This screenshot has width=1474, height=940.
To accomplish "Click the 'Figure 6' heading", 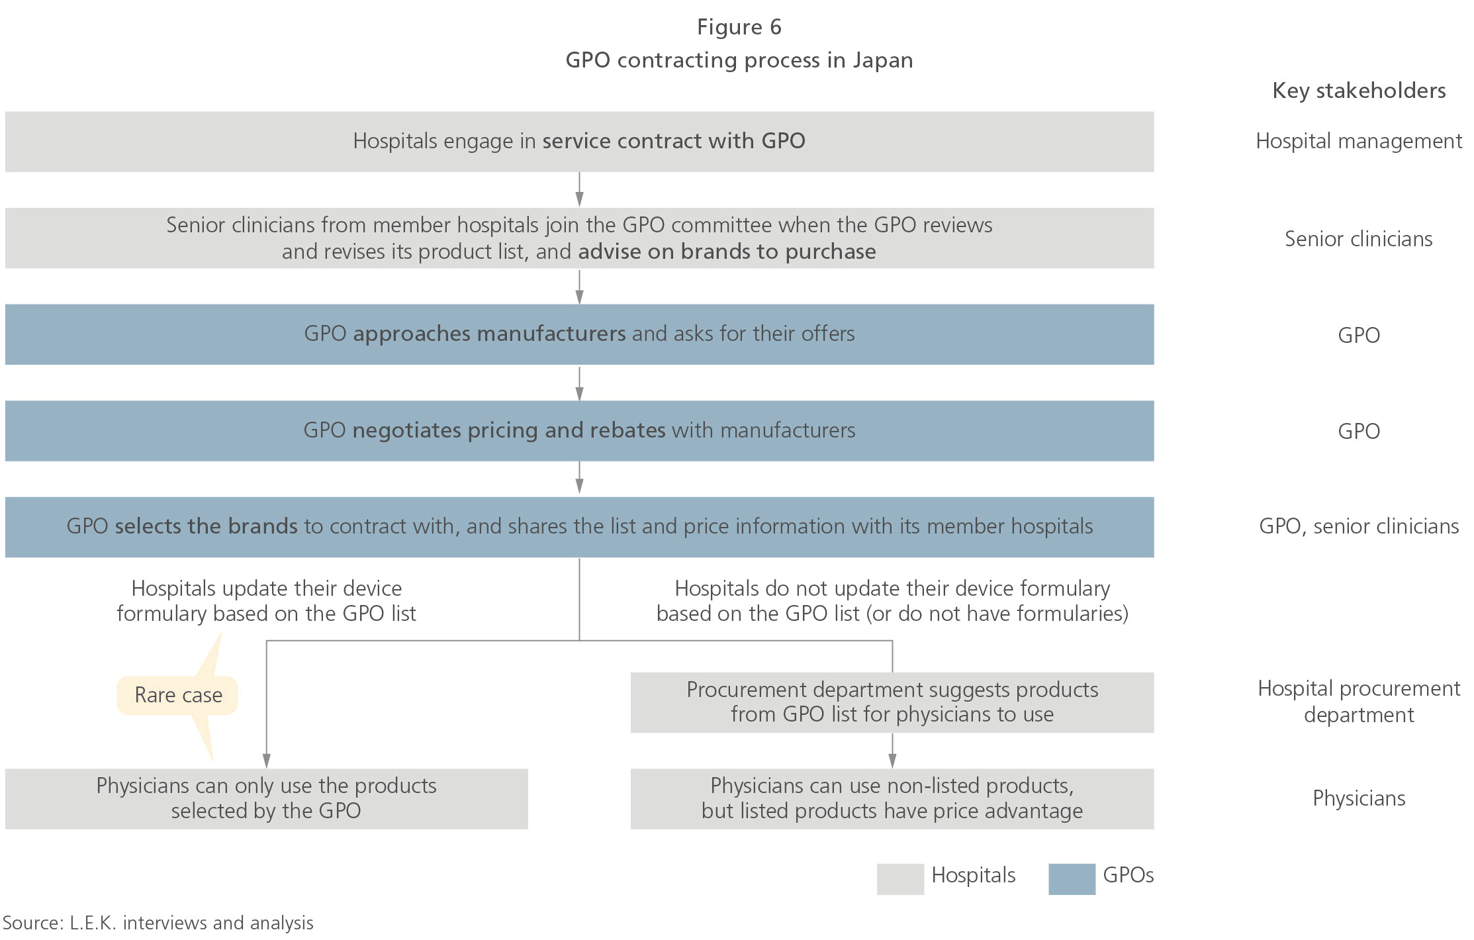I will click(739, 27).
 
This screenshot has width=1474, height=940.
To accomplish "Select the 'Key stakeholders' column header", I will click(1358, 91).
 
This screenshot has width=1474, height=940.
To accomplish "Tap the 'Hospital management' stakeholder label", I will click(1358, 141).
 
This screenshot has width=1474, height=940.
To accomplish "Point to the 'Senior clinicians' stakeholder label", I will click(1358, 239).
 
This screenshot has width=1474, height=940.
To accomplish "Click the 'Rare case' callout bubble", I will click(177, 695).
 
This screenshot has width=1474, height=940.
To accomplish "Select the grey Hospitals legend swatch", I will click(899, 878).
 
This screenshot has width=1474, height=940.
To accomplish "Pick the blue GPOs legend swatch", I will click(1071, 878).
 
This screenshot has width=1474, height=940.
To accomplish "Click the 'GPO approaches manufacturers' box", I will click(579, 334).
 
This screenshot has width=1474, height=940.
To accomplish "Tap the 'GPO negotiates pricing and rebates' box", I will click(579, 430).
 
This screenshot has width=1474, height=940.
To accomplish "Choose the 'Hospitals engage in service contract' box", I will click(579, 142).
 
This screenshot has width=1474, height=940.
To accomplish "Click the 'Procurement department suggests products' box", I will click(892, 702).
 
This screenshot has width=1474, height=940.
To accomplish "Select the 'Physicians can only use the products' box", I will click(266, 798).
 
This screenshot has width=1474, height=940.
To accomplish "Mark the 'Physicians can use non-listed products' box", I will click(892, 798).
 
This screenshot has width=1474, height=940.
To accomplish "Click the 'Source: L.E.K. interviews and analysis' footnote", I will click(158, 923).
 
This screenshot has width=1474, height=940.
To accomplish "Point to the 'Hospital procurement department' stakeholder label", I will click(1358, 702).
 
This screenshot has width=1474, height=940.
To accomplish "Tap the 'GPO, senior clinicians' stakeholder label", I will click(1358, 526).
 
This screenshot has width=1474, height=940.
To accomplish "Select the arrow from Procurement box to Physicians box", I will click(892, 751).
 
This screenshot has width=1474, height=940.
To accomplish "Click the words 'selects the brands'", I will click(206, 526).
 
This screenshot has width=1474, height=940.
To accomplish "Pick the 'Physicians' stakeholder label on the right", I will click(1358, 798).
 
